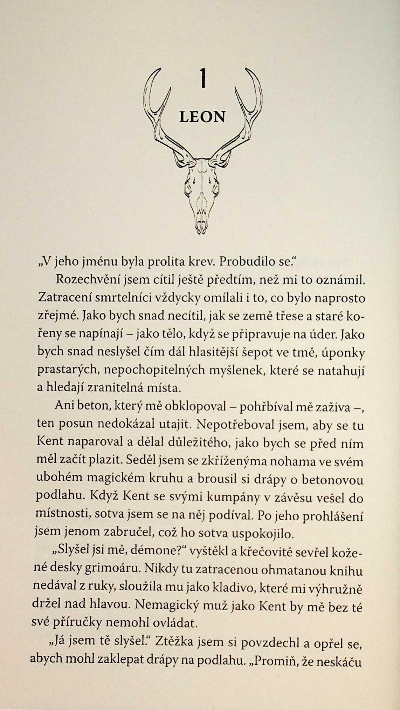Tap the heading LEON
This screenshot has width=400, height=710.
tap(202, 117)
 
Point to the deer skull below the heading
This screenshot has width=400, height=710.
tap(202, 196)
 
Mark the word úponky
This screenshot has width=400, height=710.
tap(342, 352)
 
